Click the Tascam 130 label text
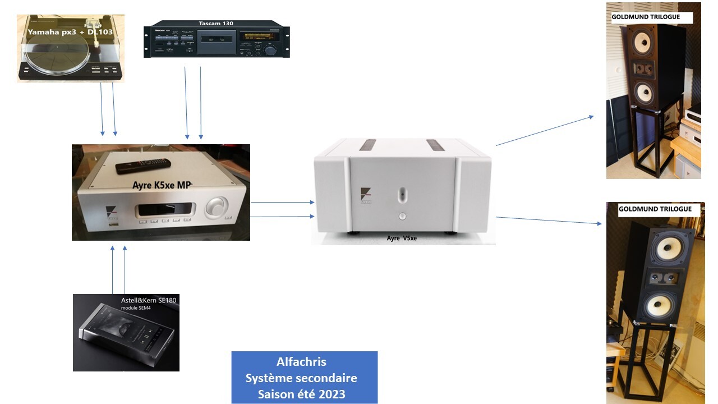tap(216, 23)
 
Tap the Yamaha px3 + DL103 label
tap(70, 32)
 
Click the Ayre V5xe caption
tap(402, 238)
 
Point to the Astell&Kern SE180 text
tap(149, 300)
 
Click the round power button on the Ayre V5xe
tap(402, 215)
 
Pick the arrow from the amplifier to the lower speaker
tap(549, 221)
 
